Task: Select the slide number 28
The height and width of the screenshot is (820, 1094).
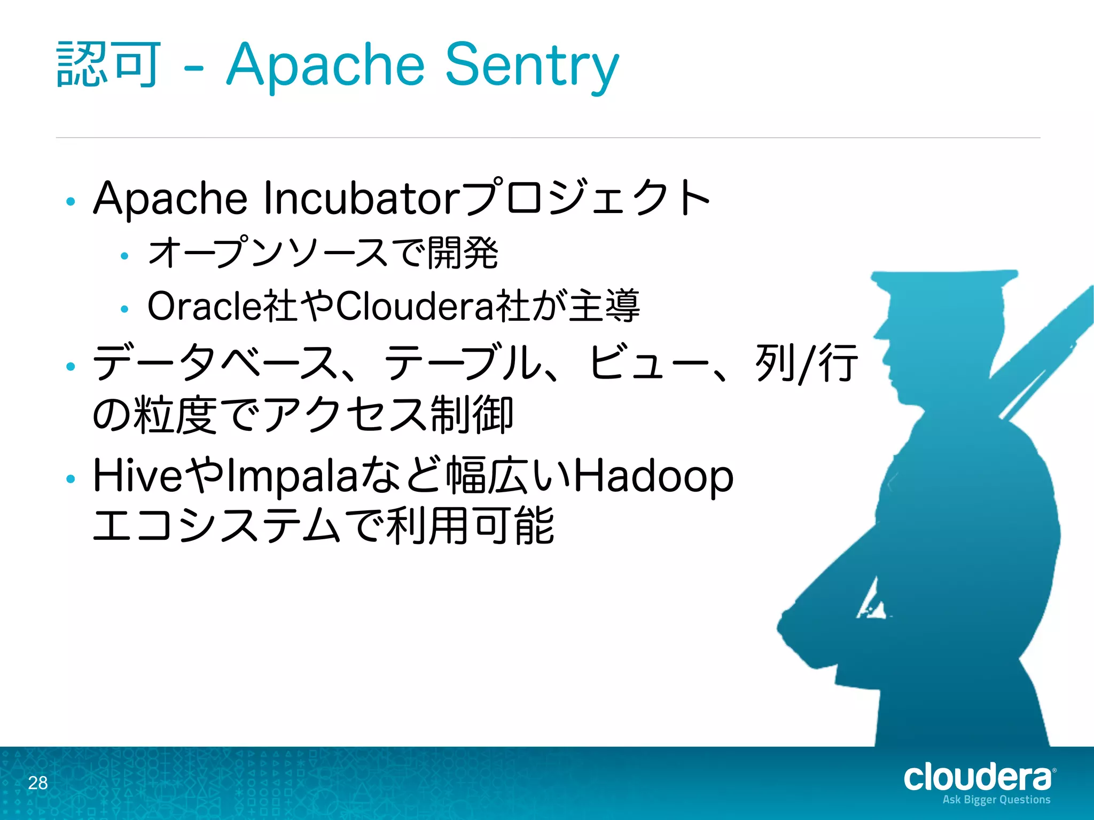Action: [38, 783]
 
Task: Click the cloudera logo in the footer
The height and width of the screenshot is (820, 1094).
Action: [978, 778]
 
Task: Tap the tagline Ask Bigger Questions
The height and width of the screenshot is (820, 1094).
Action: [996, 800]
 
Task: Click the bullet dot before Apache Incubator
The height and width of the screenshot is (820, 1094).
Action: [71, 202]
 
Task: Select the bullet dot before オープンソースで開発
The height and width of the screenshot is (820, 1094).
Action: [124, 256]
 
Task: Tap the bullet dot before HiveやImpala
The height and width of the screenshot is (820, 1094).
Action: [71, 479]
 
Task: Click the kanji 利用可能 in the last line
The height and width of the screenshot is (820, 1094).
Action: [470, 526]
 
